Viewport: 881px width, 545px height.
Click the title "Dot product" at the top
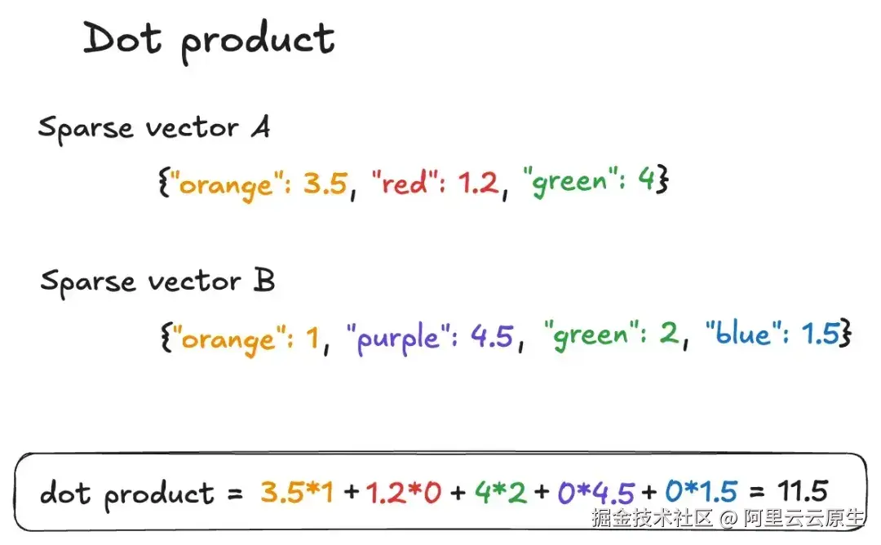(x=209, y=41)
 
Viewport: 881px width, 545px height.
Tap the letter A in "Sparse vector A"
(x=261, y=126)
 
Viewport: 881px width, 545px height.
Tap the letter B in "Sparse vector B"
(x=263, y=279)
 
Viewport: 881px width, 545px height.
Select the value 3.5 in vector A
(x=325, y=184)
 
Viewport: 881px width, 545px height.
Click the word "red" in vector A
(x=404, y=183)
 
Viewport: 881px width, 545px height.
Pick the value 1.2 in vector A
(x=478, y=183)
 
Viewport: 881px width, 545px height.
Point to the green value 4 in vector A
(x=646, y=179)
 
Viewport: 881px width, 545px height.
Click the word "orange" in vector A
(x=225, y=185)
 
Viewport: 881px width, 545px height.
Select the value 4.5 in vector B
(x=492, y=336)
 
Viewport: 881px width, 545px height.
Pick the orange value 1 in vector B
(x=312, y=338)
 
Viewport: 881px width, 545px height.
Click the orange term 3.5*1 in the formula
(x=297, y=492)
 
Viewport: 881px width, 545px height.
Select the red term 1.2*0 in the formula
(x=404, y=493)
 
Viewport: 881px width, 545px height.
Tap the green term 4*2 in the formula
(x=501, y=492)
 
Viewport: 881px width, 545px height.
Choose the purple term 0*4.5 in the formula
(x=595, y=493)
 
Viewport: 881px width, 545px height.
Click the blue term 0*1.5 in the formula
(x=702, y=492)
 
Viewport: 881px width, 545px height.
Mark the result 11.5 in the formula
(x=803, y=491)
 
